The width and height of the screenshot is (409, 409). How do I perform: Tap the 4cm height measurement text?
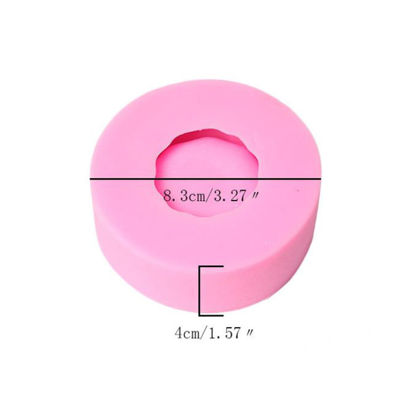[x=187, y=333]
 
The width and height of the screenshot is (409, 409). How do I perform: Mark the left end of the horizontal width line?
[x=90, y=179]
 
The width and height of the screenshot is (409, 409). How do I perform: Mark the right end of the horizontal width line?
[x=321, y=179]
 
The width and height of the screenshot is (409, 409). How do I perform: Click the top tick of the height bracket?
[x=211, y=266]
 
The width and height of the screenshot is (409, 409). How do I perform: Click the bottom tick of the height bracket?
[x=211, y=316]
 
